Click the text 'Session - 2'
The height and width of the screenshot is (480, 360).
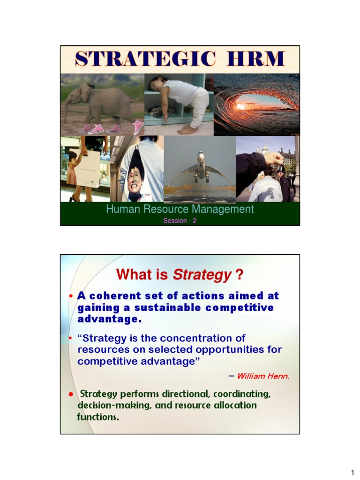coord(180,221)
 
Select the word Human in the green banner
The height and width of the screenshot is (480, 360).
coord(121,209)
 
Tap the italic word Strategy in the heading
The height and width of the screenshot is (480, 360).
coord(202,275)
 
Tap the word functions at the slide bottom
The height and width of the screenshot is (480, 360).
coord(97,417)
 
